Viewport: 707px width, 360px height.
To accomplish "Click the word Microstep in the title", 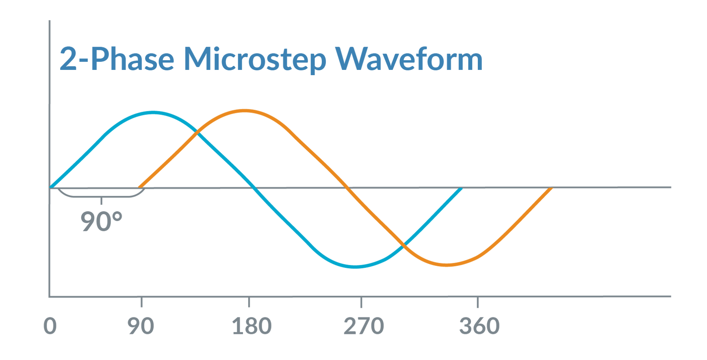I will (x=255, y=60).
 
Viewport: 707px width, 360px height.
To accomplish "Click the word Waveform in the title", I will (x=409, y=59).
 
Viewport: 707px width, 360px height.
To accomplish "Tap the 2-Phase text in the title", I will (x=117, y=60).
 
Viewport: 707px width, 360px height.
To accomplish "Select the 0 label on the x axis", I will (x=50, y=326).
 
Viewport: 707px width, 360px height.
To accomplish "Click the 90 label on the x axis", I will (x=141, y=326).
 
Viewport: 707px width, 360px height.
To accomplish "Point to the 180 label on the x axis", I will (x=252, y=326).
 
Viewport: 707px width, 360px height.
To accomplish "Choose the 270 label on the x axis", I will (x=364, y=326).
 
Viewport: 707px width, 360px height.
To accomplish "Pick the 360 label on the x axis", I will (x=479, y=326).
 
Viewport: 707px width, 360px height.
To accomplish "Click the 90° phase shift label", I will (x=102, y=221).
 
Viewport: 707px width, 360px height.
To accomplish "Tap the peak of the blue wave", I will (x=153, y=112).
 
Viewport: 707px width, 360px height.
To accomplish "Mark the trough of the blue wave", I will (x=355, y=267).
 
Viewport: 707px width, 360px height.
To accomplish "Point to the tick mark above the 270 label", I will (x=361, y=302).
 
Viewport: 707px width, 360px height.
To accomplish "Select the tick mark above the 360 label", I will (x=477, y=302).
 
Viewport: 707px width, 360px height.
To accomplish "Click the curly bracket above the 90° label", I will (x=101, y=197).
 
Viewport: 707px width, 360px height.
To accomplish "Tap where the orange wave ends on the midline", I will (x=551, y=188).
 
